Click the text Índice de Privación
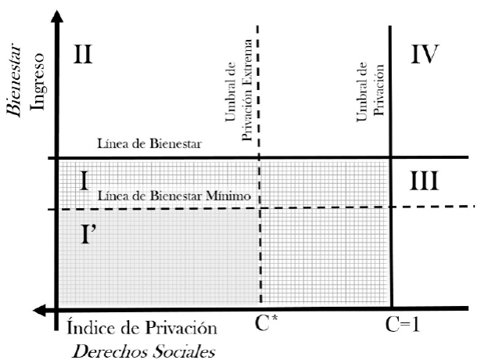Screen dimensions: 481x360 137,323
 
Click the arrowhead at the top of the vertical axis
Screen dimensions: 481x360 56,17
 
